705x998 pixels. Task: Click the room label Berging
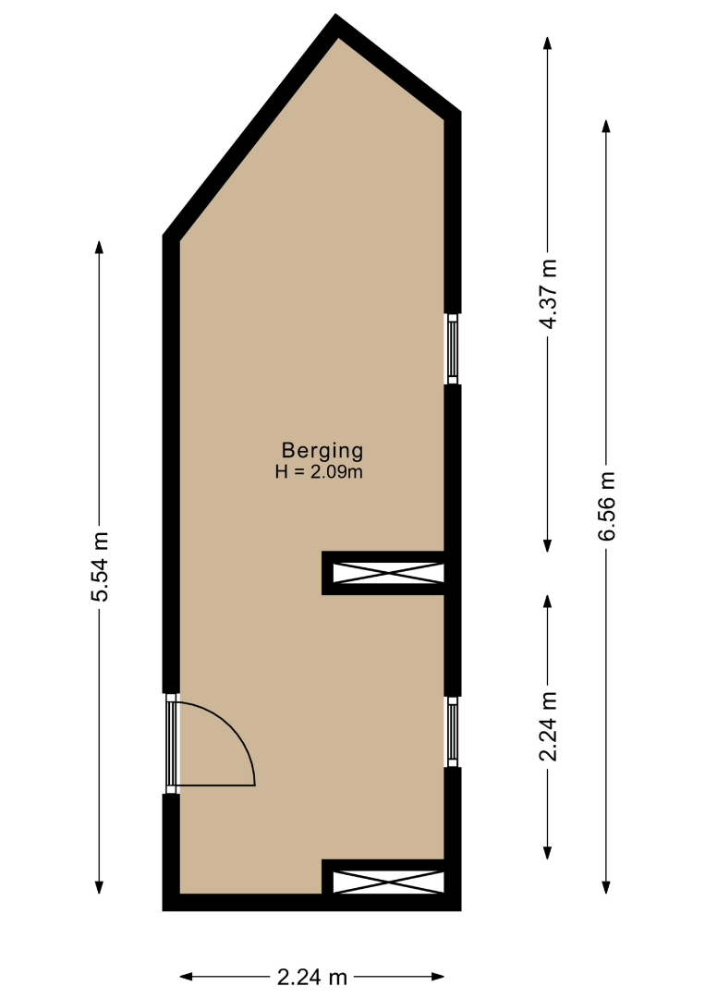point(322,451)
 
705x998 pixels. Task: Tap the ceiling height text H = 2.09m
point(319,472)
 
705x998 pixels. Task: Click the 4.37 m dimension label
point(548,294)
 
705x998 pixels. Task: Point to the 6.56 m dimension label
point(606,506)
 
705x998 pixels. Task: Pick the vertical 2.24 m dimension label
point(548,726)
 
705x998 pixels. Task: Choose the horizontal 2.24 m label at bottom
point(311,977)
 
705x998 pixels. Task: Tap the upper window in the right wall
point(453,348)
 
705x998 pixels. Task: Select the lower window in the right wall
point(453,731)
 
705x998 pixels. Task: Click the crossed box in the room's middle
point(388,573)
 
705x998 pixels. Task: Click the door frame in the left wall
point(171,743)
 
